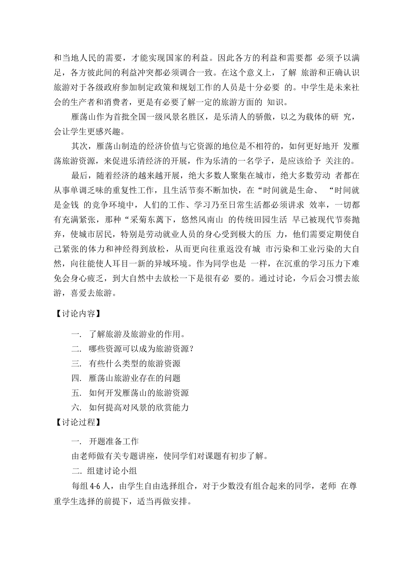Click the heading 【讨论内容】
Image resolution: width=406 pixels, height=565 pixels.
click(77, 314)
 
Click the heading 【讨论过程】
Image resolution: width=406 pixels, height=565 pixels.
click(77, 422)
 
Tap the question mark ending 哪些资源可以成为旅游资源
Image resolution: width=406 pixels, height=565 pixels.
click(192, 349)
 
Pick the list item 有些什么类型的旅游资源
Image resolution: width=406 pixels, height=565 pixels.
click(135, 363)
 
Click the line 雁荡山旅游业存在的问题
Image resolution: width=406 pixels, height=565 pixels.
click(135, 378)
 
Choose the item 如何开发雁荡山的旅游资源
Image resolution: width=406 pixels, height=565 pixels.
click(139, 392)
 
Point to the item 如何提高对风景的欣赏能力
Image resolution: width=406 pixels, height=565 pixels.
click(139, 407)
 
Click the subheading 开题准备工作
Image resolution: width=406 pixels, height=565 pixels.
click(114, 441)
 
